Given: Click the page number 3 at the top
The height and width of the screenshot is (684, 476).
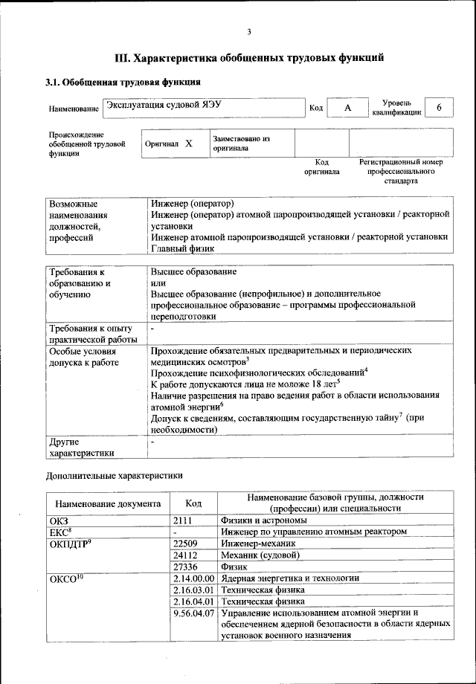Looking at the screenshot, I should [x=249, y=31].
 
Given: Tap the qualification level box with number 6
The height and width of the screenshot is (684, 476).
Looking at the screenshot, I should [x=439, y=108].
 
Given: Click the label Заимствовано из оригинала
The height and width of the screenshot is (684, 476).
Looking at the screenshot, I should [x=241, y=143].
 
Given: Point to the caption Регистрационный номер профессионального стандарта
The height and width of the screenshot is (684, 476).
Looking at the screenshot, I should [x=401, y=171].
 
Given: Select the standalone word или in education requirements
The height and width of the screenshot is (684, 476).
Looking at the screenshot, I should [x=158, y=283].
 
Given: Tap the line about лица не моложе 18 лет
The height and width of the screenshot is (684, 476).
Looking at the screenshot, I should [x=245, y=384].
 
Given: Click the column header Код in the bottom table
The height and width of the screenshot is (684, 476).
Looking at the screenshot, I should [x=193, y=503].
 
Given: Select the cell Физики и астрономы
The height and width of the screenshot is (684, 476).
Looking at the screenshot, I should [x=264, y=520].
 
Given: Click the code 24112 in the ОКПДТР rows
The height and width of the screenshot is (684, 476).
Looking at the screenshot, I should [x=185, y=555].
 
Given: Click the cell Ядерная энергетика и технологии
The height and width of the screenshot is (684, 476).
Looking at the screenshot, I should [x=290, y=578].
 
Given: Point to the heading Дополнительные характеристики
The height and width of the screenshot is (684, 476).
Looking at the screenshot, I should [x=114, y=474].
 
